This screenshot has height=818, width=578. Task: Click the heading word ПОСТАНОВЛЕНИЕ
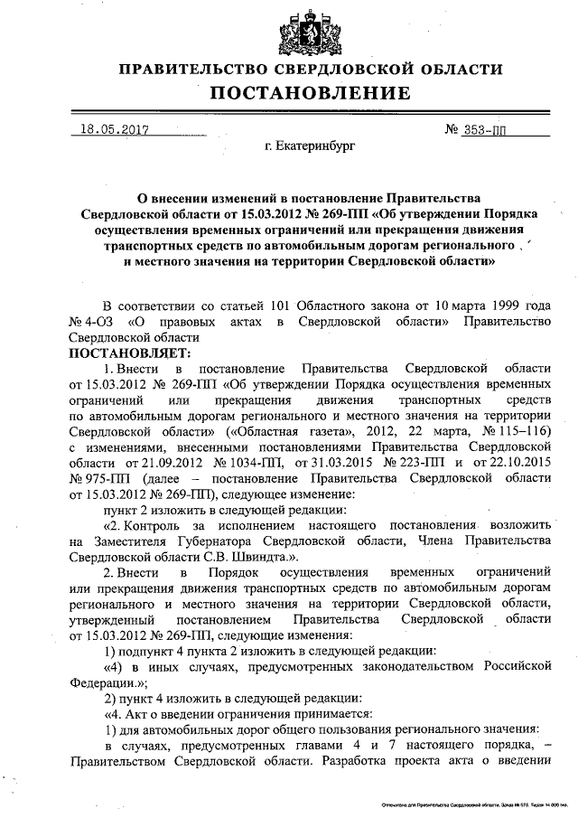tap(311, 93)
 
